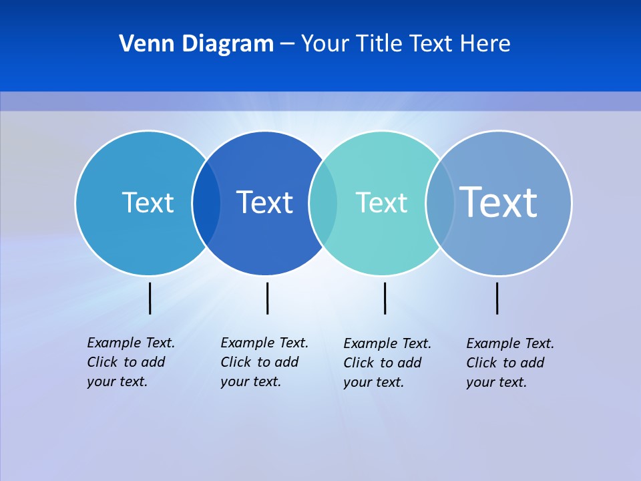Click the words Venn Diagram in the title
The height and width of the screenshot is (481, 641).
(x=196, y=44)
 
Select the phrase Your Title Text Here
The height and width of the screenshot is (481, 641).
(x=405, y=44)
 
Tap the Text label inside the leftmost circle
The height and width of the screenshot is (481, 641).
(x=148, y=202)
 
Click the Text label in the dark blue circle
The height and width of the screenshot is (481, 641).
(x=264, y=202)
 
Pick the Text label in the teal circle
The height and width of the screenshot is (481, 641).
(x=381, y=202)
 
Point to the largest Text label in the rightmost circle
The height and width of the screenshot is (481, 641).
(x=498, y=202)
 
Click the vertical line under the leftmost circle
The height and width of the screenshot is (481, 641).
(x=150, y=298)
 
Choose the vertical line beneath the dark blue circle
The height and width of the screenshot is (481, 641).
(x=267, y=298)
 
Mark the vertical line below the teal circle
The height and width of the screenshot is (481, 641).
(x=385, y=298)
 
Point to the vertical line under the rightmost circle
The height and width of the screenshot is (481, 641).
(x=497, y=298)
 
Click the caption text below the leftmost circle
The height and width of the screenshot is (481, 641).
(x=130, y=362)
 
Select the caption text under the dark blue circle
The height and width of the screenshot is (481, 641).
(x=264, y=362)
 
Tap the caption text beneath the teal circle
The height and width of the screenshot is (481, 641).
(x=387, y=363)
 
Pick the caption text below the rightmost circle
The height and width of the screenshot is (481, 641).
(x=509, y=363)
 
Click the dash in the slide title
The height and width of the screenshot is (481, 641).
(x=287, y=44)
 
